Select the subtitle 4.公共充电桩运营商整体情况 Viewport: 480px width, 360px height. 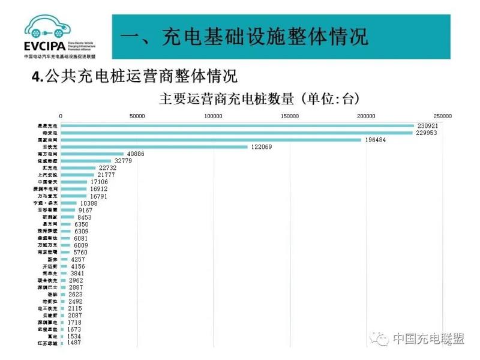[x=134, y=77]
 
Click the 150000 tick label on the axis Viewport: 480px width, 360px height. [x=290, y=116]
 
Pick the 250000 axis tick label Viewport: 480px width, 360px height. [x=443, y=116]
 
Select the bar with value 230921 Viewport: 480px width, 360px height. [x=238, y=126]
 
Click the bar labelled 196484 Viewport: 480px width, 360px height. [x=211, y=140]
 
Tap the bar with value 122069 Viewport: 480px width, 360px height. [x=154, y=147]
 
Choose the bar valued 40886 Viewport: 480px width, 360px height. [x=92, y=154]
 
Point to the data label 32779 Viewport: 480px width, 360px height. [x=122, y=161]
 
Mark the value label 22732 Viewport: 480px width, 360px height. [x=107, y=168]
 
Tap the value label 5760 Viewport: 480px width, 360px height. [x=80, y=252]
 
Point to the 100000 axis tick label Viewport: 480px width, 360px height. [x=214, y=116]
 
